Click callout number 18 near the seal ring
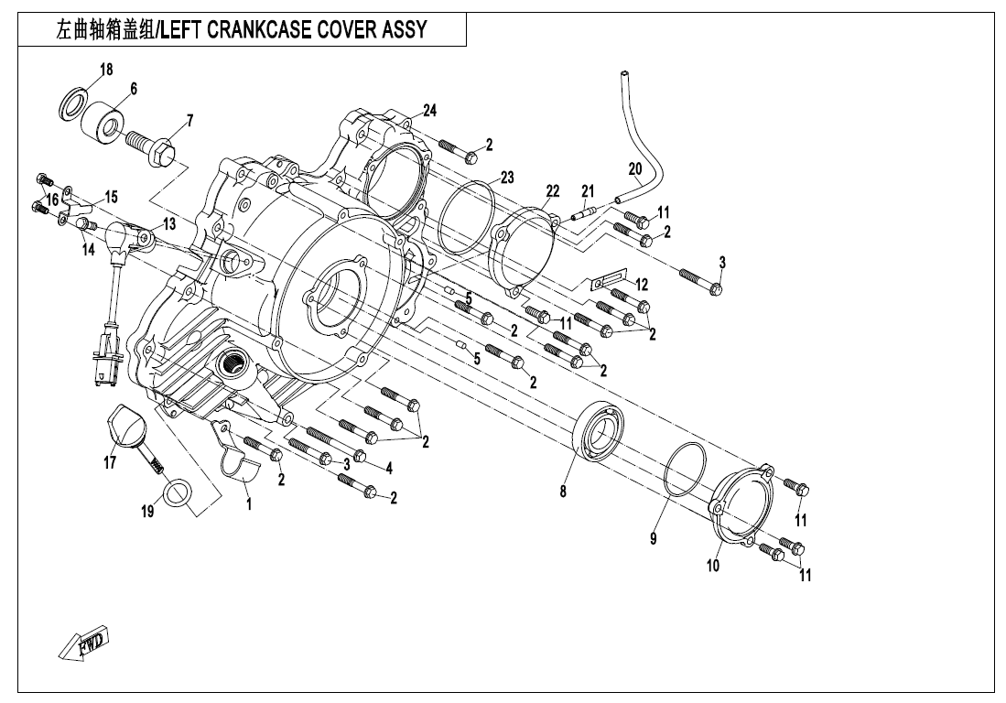click(106, 70)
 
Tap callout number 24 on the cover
click(429, 110)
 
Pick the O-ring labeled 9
click(685, 468)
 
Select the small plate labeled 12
click(605, 275)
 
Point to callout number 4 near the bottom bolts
click(389, 468)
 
